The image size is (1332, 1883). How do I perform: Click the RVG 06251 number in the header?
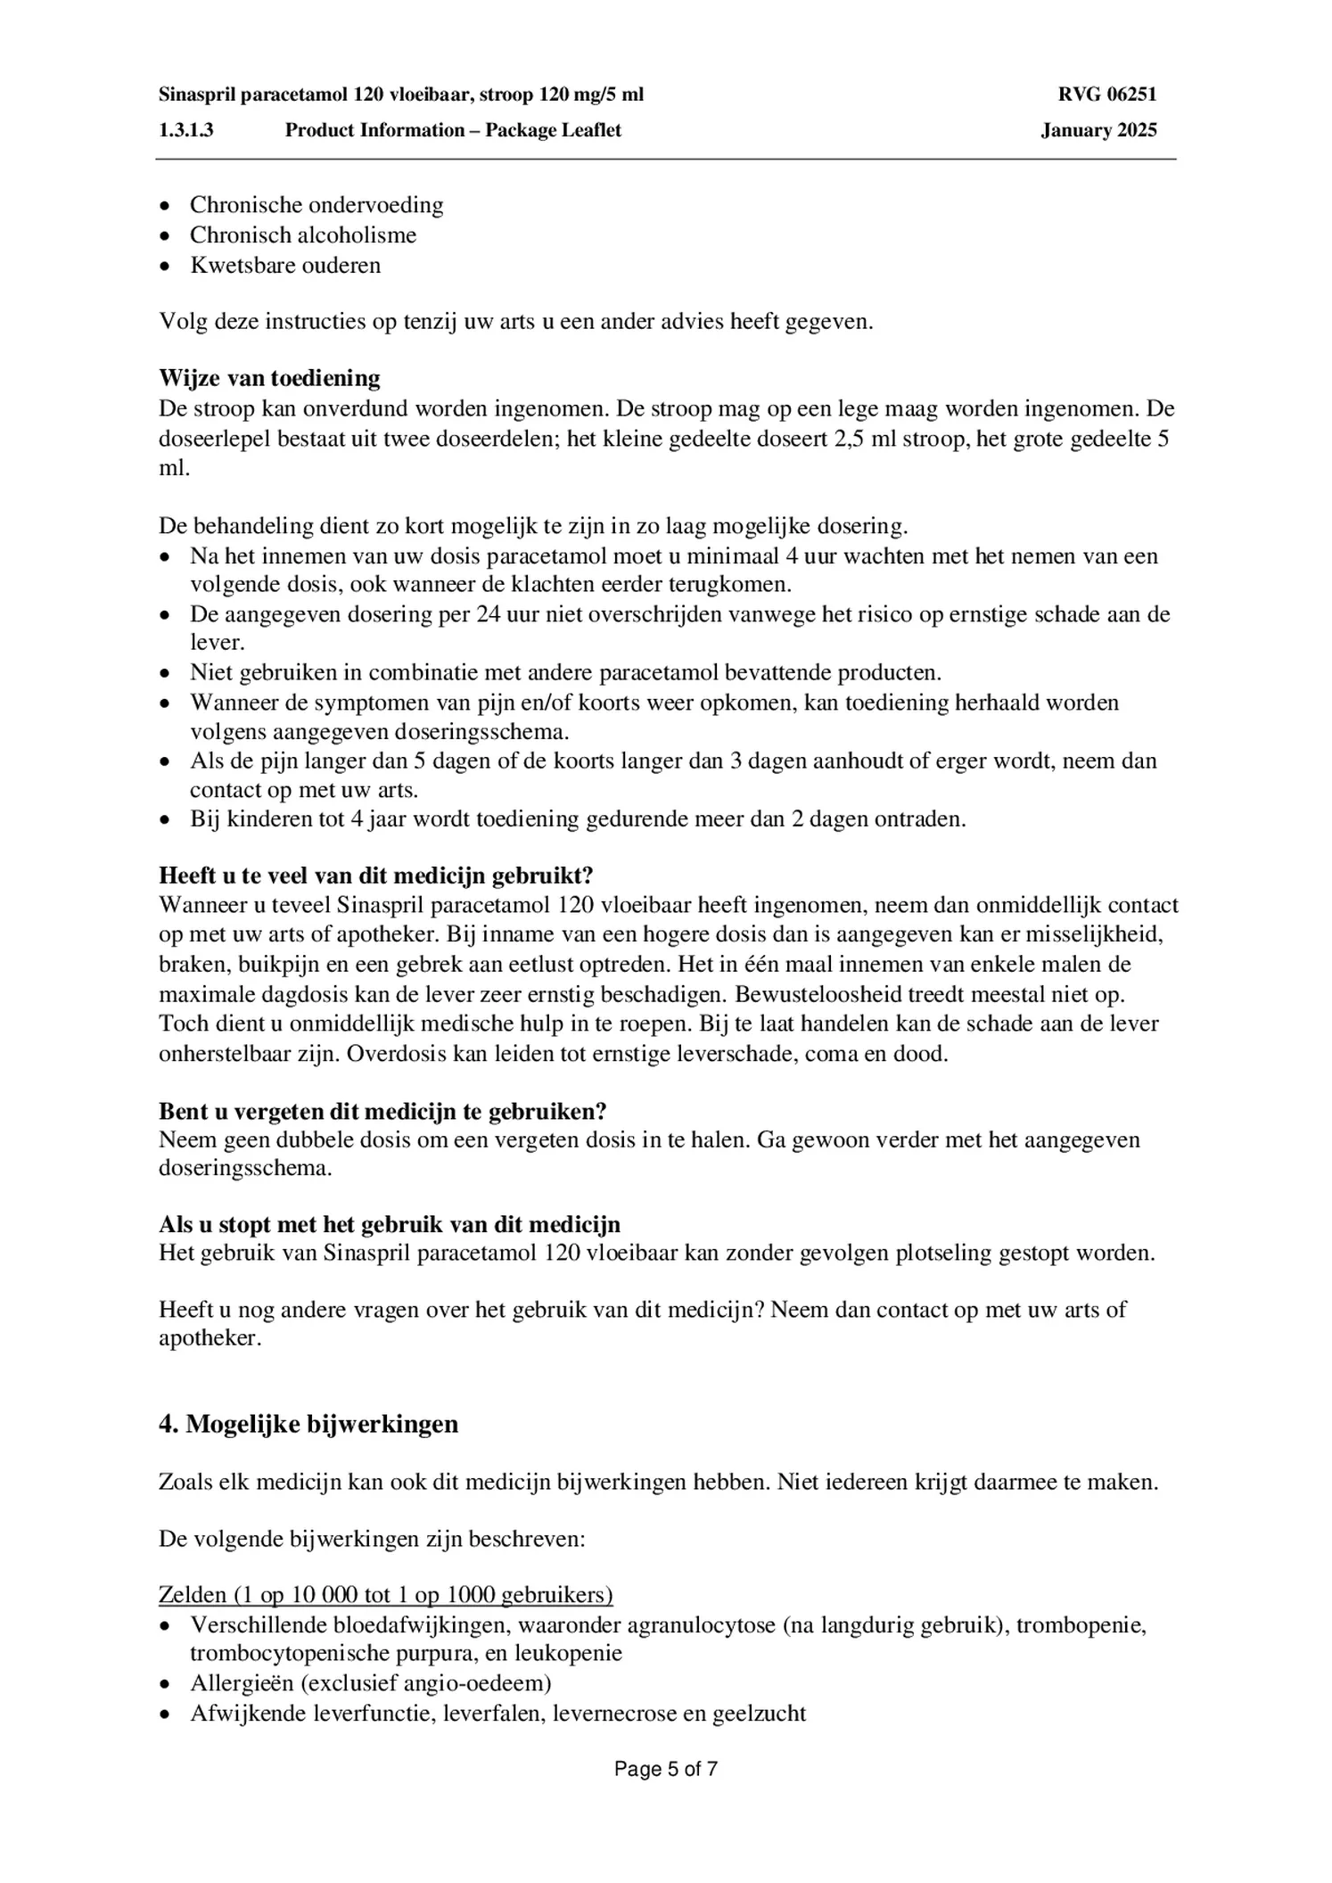[x=1107, y=95]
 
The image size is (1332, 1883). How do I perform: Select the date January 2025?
[x=1098, y=130]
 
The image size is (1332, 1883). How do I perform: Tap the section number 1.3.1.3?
[x=186, y=130]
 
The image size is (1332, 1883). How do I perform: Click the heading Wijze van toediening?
[x=269, y=378]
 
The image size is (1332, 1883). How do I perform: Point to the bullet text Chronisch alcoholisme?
[x=303, y=235]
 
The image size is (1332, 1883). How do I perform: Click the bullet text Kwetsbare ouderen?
[x=285, y=266]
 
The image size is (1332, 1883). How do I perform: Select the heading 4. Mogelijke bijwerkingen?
[x=308, y=1424]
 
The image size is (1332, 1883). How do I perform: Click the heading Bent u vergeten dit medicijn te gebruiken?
[x=382, y=1112]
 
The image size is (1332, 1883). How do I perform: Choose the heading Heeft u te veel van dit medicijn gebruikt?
[x=376, y=876]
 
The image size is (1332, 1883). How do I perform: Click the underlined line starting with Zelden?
[x=385, y=1595]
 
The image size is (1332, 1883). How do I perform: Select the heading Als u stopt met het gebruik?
[x=390, y=1224]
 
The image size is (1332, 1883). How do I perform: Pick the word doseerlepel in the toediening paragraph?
[x=214, y=439]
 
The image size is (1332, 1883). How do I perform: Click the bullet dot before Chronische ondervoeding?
[x=164, y=206]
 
